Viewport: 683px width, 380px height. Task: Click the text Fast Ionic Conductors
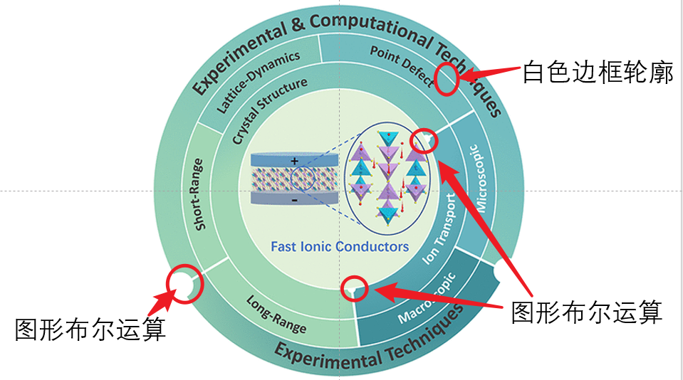point(340,247)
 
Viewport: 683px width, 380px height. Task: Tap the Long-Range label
point(277,315)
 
